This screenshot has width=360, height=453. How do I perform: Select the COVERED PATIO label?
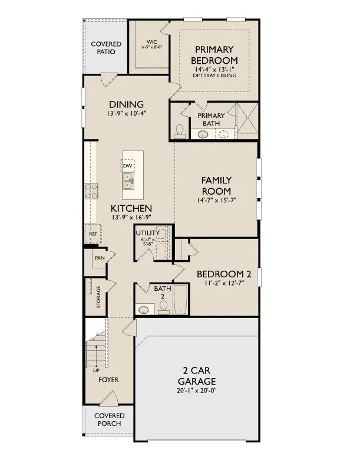106,48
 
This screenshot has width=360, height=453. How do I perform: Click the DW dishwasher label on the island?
127,166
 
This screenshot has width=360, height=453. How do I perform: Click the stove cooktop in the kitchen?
93,191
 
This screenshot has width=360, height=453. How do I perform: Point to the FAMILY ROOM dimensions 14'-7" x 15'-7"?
216,201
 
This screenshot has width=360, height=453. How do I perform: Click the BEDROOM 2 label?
224,274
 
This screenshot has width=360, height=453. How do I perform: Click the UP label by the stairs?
96,371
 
